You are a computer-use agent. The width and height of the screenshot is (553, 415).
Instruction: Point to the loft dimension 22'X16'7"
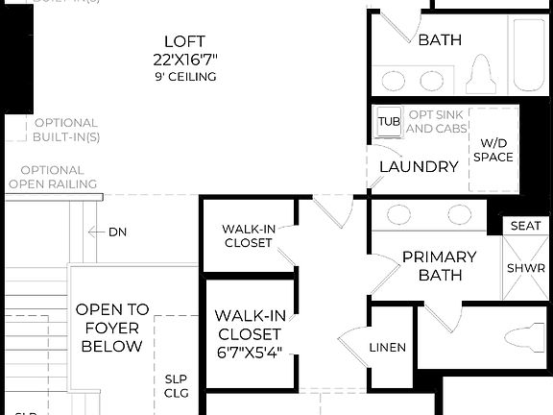click(184, 59)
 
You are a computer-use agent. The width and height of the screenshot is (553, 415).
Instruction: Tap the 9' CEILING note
click(184, 76)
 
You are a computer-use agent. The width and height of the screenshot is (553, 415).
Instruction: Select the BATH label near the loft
click(440, 40)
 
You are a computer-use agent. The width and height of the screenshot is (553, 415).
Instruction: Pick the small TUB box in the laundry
click(388, 121)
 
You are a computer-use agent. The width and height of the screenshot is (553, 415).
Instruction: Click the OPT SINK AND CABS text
click(437, 121)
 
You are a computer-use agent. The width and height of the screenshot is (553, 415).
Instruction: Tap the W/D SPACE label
click(493, 150)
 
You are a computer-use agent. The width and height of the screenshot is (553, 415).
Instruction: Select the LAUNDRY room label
click(419, 166)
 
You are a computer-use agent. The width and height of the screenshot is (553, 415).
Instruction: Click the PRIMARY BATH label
click(439, 266)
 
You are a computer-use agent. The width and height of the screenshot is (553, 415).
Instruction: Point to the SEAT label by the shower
click(525, 226)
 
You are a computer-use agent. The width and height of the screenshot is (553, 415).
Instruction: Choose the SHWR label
click(525, 268)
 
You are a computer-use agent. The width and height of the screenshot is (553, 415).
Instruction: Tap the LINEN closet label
click(387, 347)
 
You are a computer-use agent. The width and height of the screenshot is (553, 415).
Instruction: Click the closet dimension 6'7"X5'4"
click(248, 353)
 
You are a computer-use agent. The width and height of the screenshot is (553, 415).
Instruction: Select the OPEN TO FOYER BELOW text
click(112, 328)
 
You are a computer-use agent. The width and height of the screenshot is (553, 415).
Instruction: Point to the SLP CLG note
click(177, 385)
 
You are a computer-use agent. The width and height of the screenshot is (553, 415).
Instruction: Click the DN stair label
click(117, 232)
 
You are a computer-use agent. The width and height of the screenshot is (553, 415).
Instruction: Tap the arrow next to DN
click(94, 232)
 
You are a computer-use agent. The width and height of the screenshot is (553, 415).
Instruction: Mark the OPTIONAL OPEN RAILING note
click(52, 177)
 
